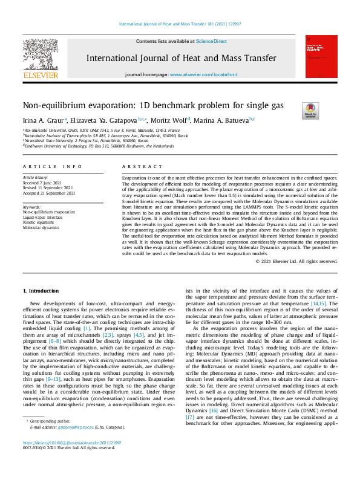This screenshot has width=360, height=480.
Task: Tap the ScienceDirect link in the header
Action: tap(211, 41)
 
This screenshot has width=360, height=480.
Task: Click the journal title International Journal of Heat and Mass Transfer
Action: tap(182, 59)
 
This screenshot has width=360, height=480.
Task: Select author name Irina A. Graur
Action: tap(44, 120)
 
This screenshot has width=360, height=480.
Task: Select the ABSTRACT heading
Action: tap(139, 166)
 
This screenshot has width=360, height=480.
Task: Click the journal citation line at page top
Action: tap(179, 24)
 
